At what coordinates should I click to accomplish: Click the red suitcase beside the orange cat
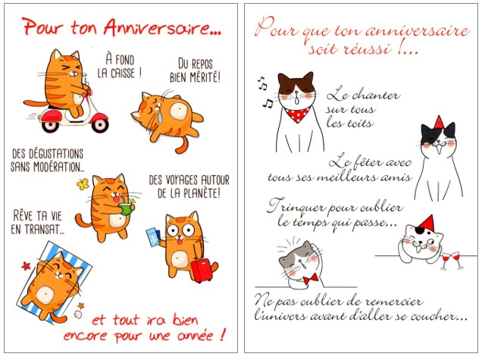click(x=202, y=271)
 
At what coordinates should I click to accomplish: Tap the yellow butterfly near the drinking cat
click(x=83, y=184)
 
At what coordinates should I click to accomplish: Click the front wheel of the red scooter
click(x=99, y=124)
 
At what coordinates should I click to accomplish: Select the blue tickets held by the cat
click(x=154, y=237)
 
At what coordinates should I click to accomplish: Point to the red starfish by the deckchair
click(x=26, y=265)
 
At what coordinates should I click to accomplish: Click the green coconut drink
click(x=127, y=208)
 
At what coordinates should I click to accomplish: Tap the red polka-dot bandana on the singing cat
click(x=297, y=114)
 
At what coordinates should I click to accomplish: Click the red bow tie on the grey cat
click(x=311, y=279)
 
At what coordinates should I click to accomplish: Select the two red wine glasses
click(x=452, y=261)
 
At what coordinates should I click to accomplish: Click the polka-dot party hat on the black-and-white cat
click(x=439, y=122)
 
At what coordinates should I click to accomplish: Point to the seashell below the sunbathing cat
click(x=78, y=315)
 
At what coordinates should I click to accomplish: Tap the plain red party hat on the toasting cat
click(x=427, y=222)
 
